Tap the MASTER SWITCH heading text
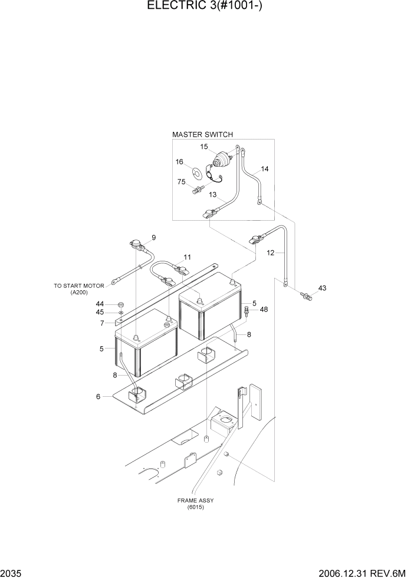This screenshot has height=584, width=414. coord(202,134)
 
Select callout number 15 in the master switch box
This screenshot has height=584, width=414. coord(203,147)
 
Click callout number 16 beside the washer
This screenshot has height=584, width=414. coord(179,161)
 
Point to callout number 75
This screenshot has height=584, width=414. coord(182,182)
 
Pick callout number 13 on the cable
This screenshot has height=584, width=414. coord(212,195)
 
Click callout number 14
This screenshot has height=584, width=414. coord(264,169)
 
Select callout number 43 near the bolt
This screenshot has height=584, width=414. coord(322,288)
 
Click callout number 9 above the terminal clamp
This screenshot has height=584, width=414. coord(153,237)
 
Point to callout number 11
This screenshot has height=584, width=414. coord(187,257)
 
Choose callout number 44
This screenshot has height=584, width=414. coord(100,303)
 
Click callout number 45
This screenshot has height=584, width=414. coord(100,312)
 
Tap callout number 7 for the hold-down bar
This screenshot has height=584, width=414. coord(101,323)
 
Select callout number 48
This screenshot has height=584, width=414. coord(264,310)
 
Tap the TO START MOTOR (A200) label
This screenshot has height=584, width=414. coord(78,289)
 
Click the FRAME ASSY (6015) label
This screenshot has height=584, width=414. coord(195,504)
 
